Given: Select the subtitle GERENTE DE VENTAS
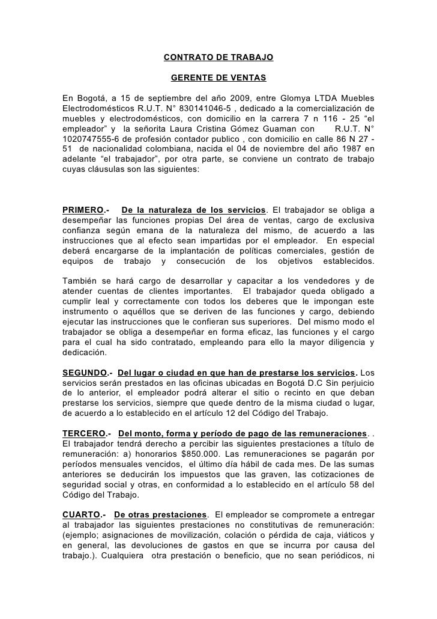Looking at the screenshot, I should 218,78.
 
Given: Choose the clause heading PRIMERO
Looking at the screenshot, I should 82,210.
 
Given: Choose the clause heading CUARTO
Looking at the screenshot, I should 82,516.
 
